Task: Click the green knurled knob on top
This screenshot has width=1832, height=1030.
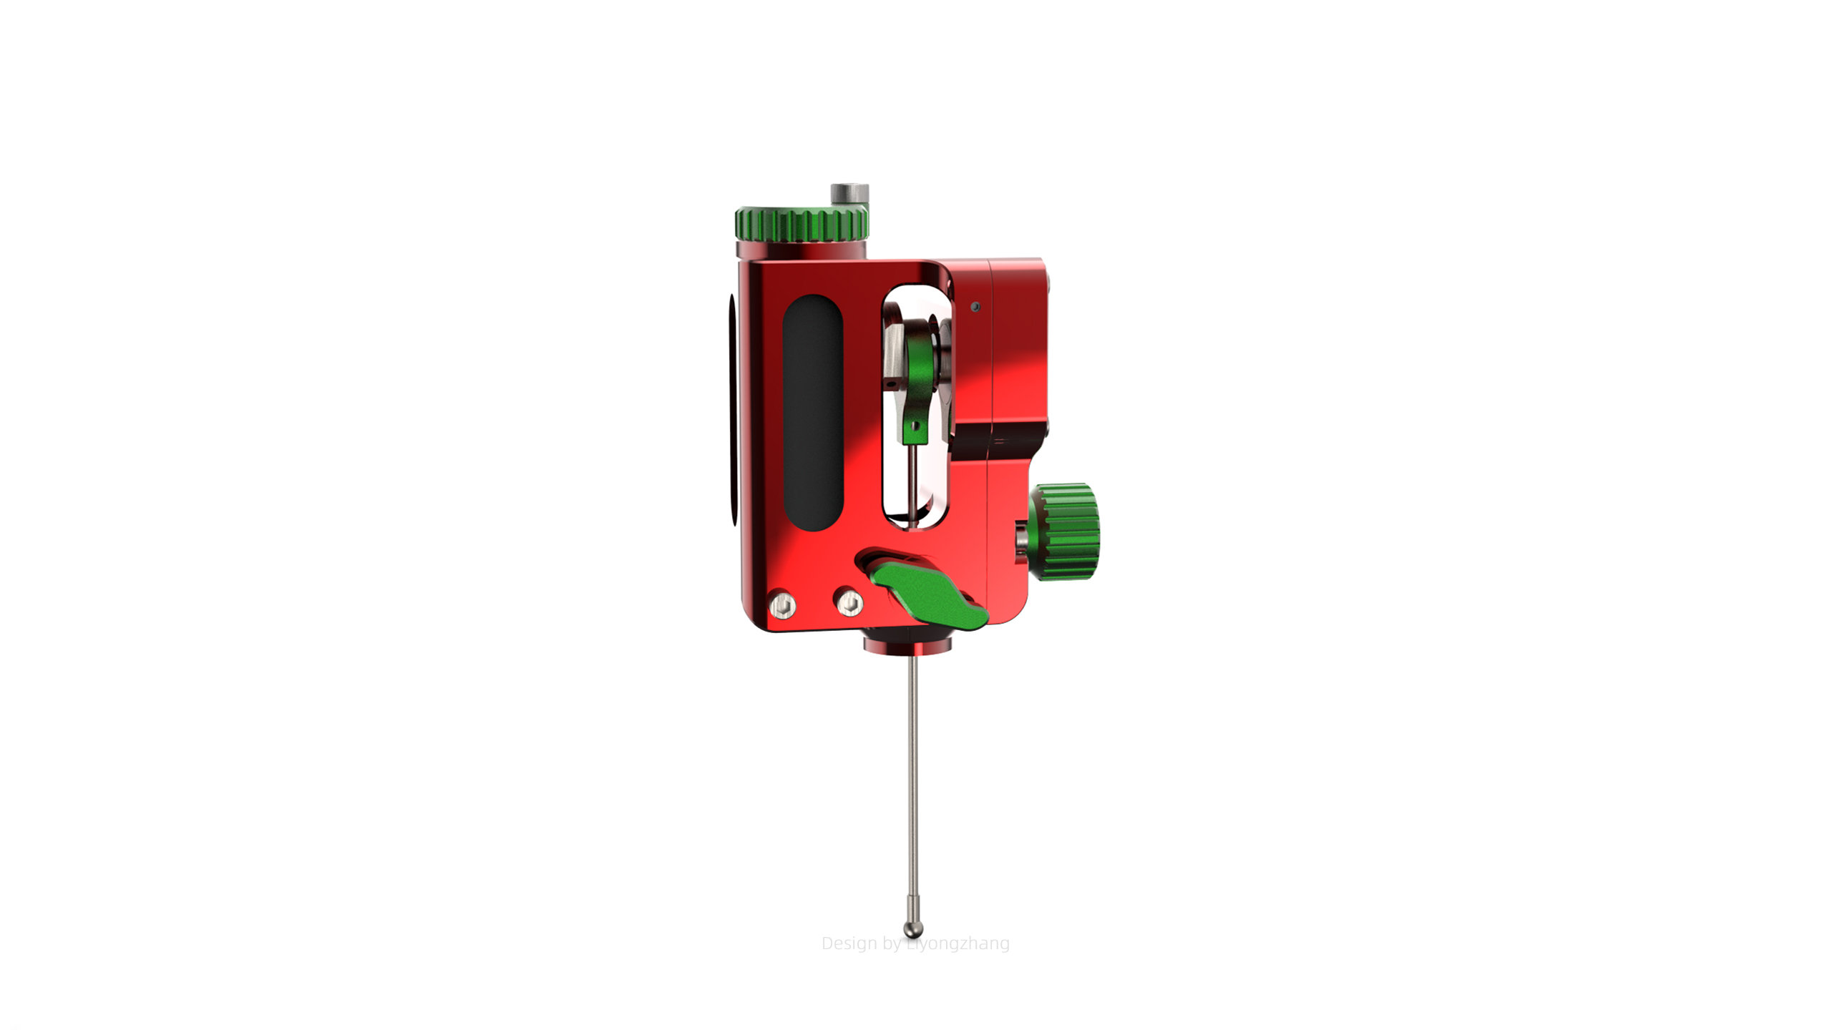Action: (x=801, y=225)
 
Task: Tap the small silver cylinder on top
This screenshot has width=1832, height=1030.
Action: (x=849, y=193)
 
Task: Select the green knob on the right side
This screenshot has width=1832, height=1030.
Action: (x=1066, y=531)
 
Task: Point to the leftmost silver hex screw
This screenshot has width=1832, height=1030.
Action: (x=782, y=607)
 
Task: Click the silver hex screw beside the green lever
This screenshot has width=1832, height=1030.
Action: (x=849, y=603)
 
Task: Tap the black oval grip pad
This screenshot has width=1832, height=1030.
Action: (x=812, y=413)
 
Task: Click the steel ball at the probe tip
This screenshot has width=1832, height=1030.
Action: (x=913, y=929)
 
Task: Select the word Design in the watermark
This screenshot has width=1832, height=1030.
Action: (x=849, y=943)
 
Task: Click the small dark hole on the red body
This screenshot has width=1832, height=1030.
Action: (x=975, y=307)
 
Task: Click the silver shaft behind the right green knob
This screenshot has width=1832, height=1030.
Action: (x=1022, y=536)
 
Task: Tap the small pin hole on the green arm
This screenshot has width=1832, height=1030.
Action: (x=916, y=426)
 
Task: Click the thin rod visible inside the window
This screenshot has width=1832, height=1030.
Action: (x=912, y=486)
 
